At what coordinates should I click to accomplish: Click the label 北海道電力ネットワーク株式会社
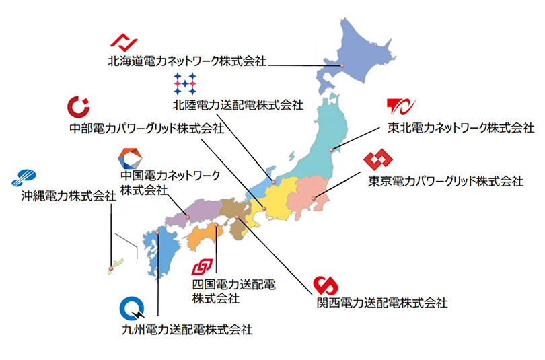tap(188, 61)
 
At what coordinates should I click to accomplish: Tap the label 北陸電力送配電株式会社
tap(237, 104)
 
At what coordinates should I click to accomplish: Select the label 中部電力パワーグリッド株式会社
tap(147, 128)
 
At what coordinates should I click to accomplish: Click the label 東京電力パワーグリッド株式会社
tap(445, 181)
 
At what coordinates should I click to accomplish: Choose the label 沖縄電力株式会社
tap(67, 196)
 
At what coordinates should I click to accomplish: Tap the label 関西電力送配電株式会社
tap(382, 302)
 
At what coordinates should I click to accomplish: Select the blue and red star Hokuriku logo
tap(184, 83)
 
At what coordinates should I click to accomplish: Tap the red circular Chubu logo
tap(78, 107)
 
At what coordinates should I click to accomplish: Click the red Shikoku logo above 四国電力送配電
tap(204, 266)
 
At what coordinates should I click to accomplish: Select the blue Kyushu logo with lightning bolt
tap(131, 309)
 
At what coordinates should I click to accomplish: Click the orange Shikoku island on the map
tap(204, 237)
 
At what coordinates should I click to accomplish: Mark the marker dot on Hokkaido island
tap(342, 65)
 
